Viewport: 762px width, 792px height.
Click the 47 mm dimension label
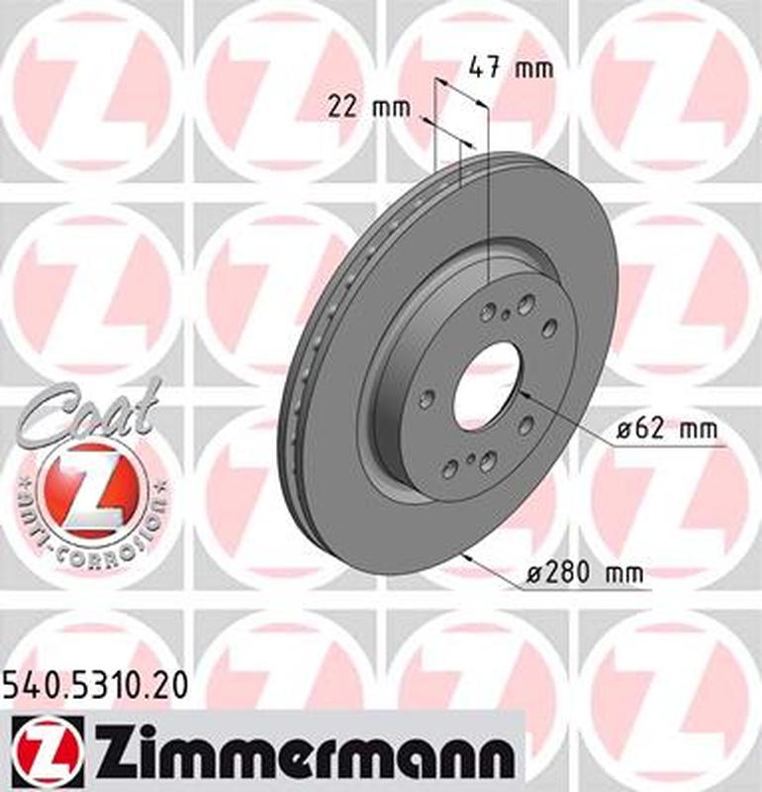click(x=510, y=68)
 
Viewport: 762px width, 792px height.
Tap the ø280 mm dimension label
click(x=585, y=573)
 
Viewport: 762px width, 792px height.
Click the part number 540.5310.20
click(x=94, y=684)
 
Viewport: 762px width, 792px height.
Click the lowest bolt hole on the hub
click(x=450, y=469)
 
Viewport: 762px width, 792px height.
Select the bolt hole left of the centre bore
click(x=427, y=398)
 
